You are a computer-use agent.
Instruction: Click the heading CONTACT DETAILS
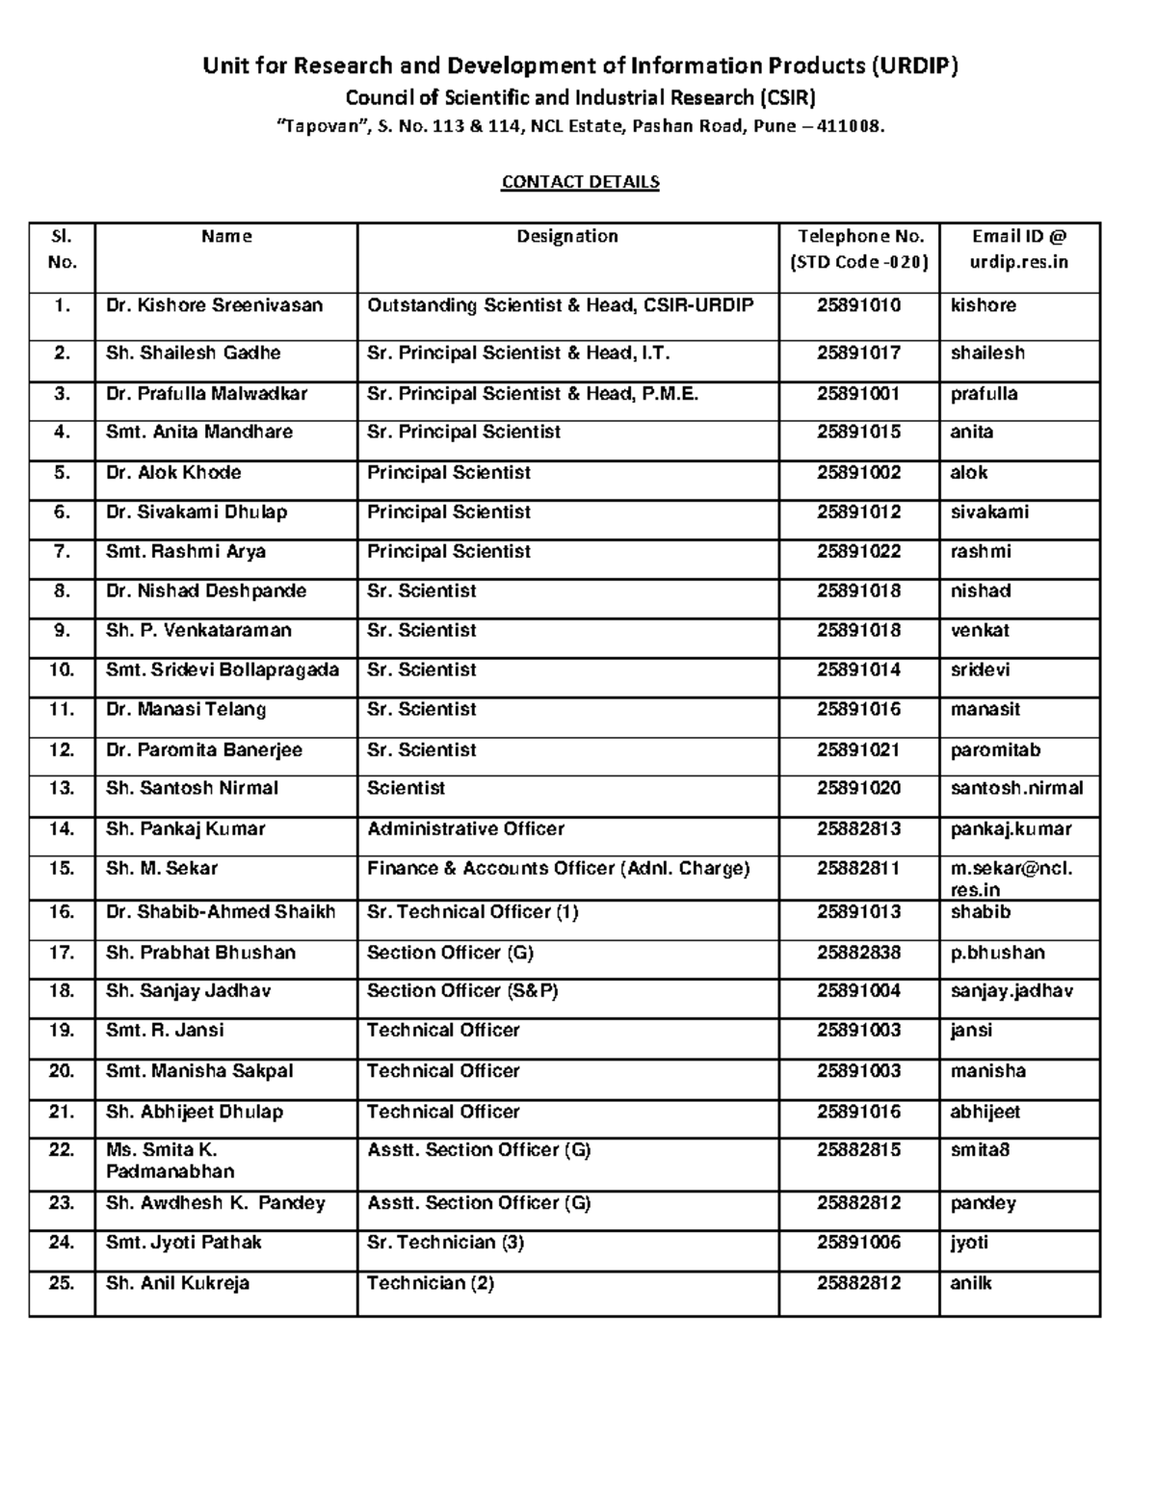click(580, 182)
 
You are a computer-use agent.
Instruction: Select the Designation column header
click(567, 236)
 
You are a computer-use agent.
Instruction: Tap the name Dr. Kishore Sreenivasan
click(214, 305)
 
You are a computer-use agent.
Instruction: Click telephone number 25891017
click(858, 353)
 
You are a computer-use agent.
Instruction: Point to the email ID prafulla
click(984, 393)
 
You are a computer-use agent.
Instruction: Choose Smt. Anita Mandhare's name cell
click(199, 432)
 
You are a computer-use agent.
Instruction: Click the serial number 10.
click(62, 669)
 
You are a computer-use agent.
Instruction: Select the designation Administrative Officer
click(465, 828)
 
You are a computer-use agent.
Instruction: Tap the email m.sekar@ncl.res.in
click(1011, 879)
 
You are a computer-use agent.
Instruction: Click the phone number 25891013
click(858, 911)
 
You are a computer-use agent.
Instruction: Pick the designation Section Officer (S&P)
click(462, 990)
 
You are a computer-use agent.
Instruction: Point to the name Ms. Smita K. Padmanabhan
click(170, 1161)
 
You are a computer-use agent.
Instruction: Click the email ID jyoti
click(969, 1243)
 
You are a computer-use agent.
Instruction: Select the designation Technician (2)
click(431, 1283)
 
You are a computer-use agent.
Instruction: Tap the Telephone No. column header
click(859, 249)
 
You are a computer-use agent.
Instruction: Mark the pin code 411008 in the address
click(849, 126)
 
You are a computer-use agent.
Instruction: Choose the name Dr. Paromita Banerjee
click(204, 749)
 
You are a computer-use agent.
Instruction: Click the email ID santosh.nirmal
click(1016, 788)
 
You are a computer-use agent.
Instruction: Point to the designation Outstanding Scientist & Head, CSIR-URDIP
click(561, 305)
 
